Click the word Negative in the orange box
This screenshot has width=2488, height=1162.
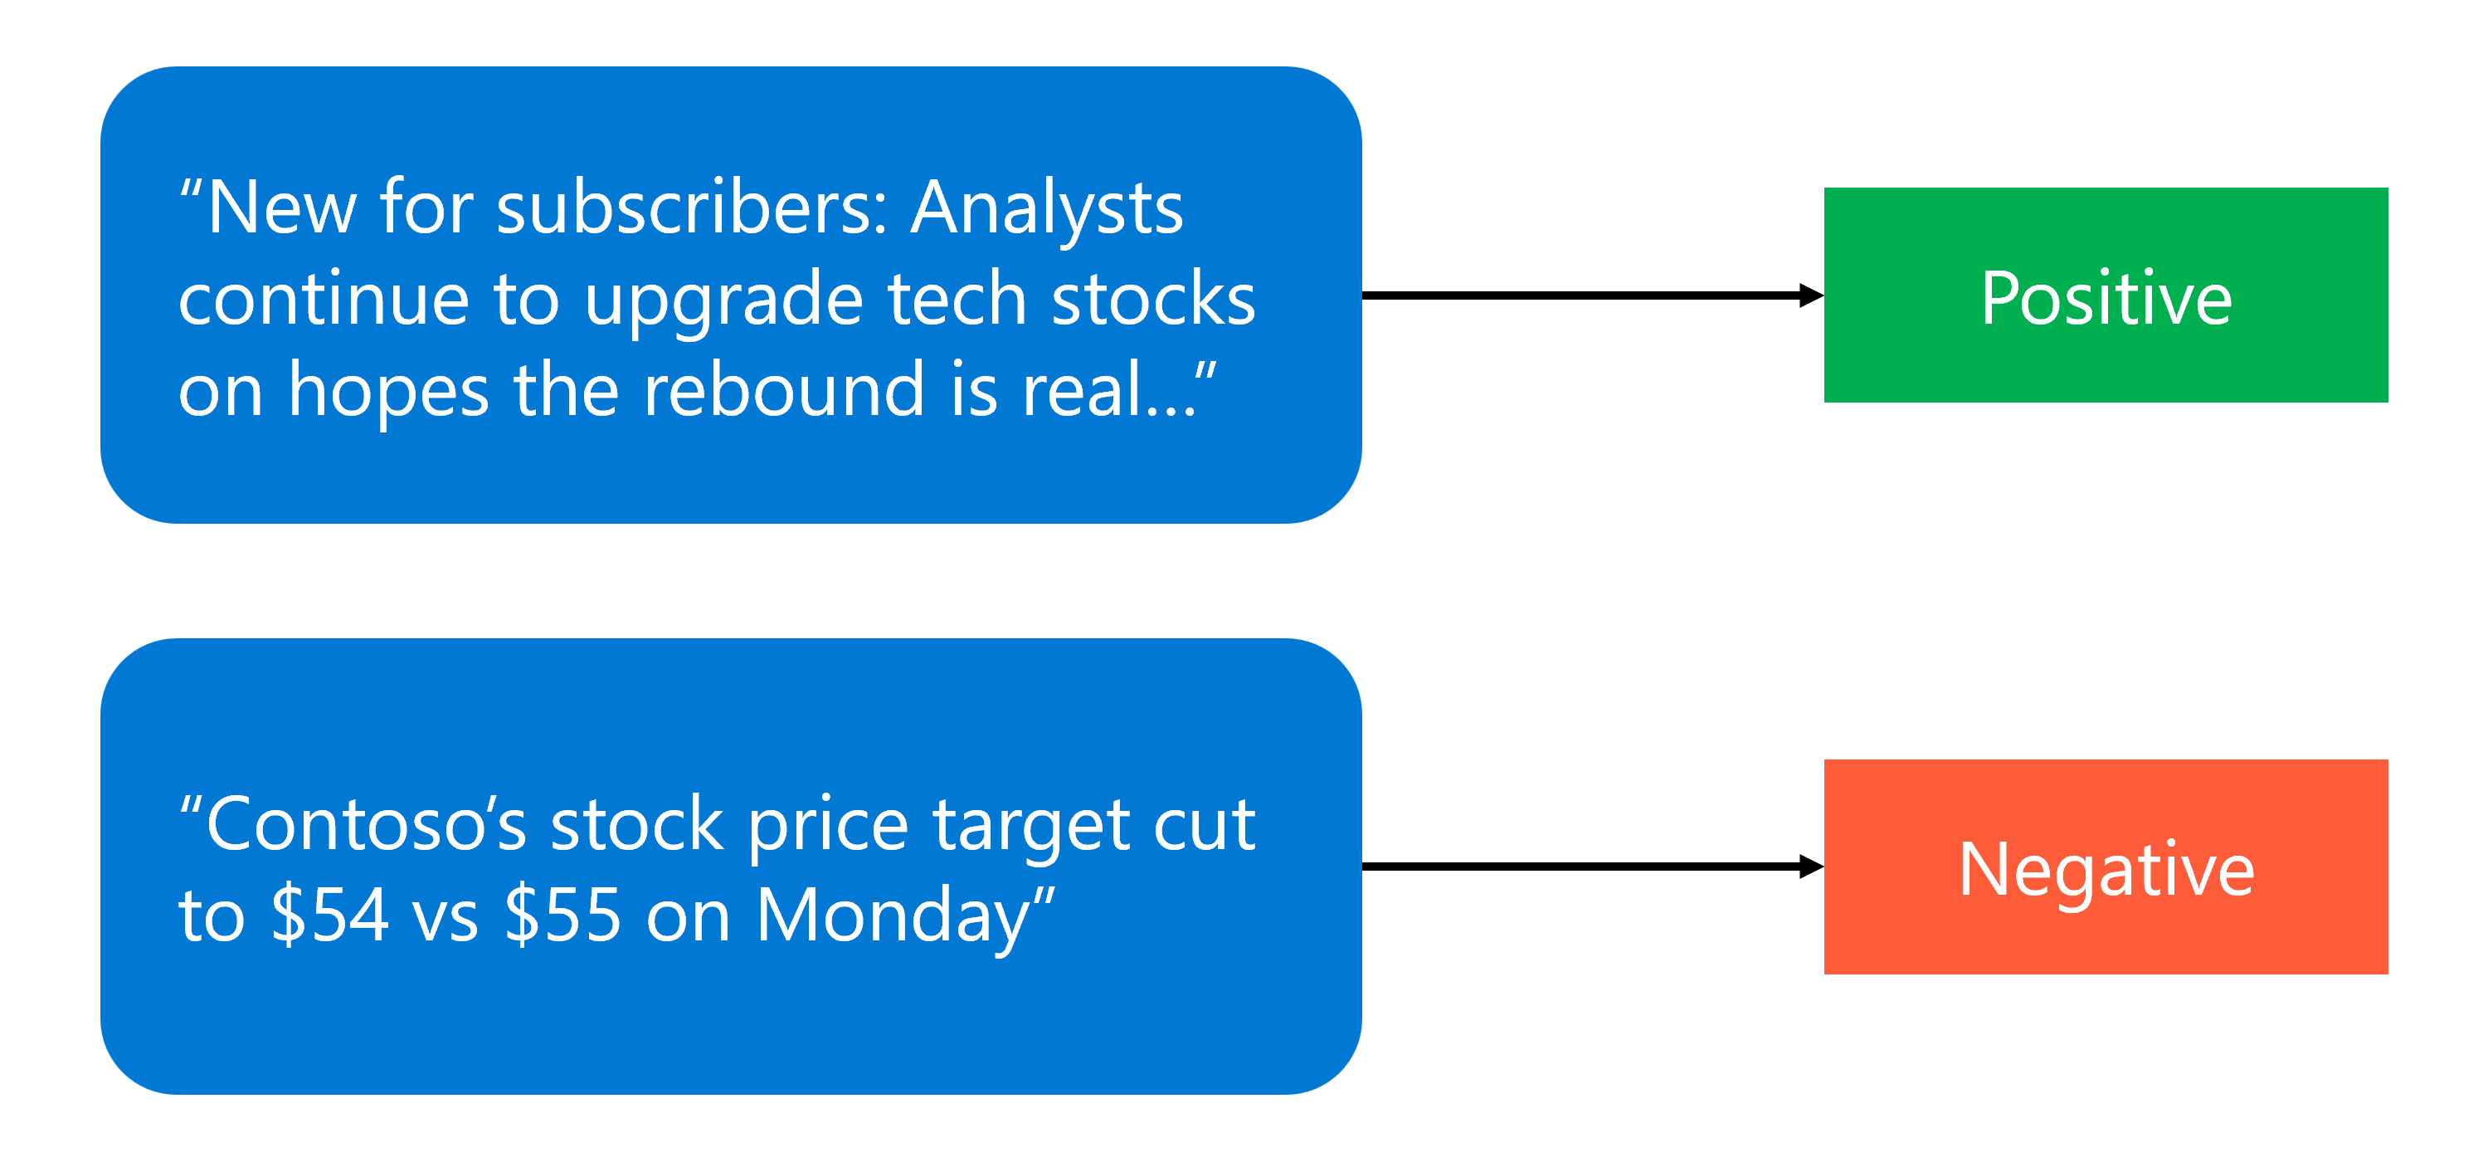[x=2106, y=869]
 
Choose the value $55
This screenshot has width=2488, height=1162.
[x=563, y=915]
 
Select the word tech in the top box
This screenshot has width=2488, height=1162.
[x=957, y=299]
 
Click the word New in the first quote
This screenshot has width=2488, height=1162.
[x=280, y=207]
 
